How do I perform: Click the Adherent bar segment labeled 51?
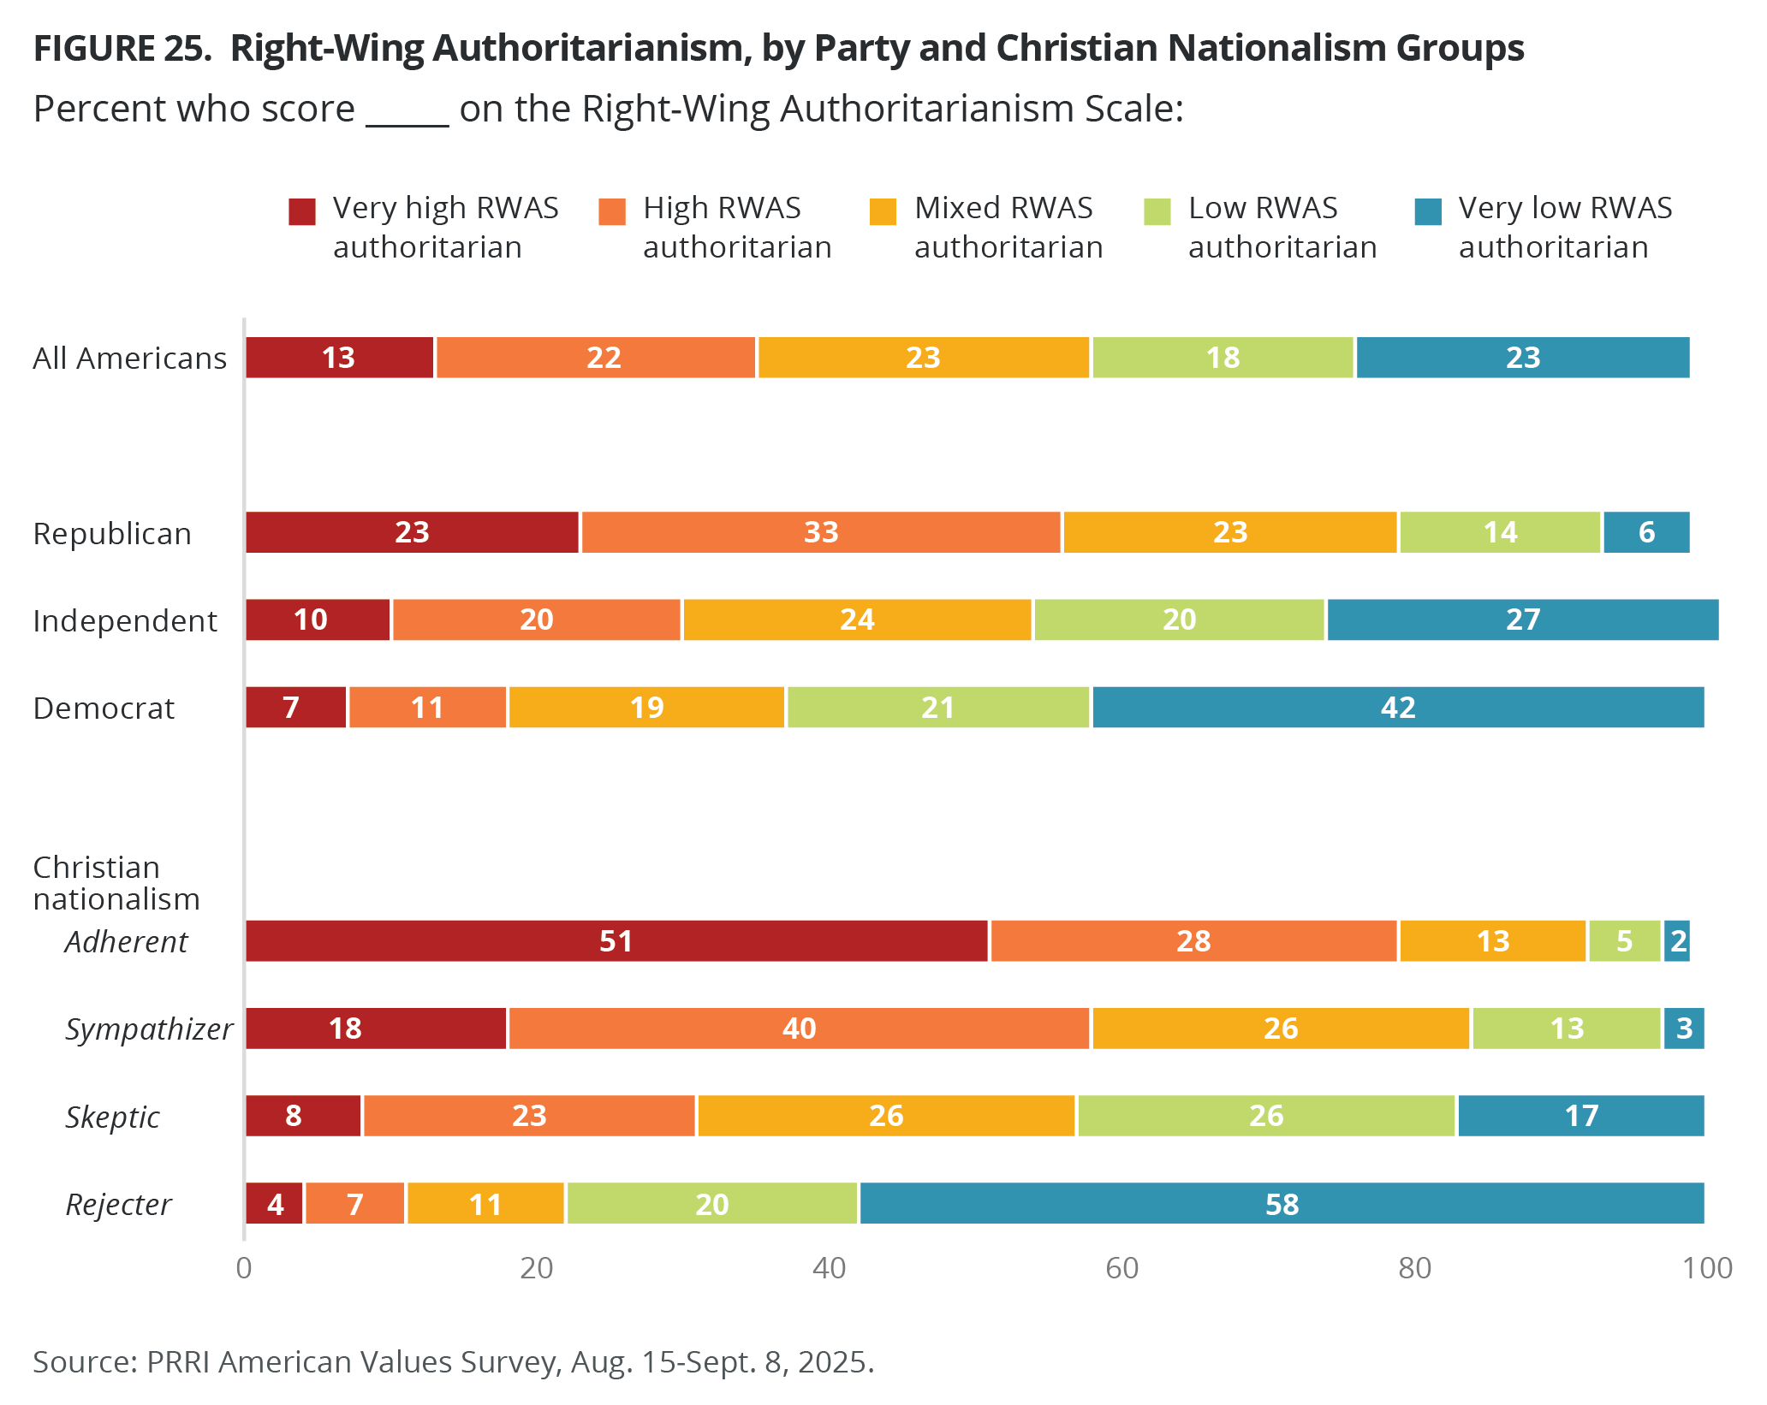616,941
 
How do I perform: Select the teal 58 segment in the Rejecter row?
1282,1204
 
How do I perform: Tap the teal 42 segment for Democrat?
1398,708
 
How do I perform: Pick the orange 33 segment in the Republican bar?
821,532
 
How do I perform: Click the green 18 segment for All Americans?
1223,358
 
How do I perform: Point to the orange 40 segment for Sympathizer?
799,1029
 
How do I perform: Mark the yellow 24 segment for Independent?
857,620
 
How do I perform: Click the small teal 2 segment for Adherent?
1677,941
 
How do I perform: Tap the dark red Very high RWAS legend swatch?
302,211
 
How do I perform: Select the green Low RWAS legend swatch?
1157,211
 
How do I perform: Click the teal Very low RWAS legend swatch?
1428,211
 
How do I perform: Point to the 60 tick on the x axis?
1121,1268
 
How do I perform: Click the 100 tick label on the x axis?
1707,1268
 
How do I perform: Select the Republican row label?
112,534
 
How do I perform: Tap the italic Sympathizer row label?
149,1029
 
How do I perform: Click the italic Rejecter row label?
119,1205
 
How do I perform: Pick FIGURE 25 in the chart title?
122,49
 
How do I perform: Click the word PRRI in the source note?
178,1361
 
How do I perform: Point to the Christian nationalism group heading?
116,883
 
